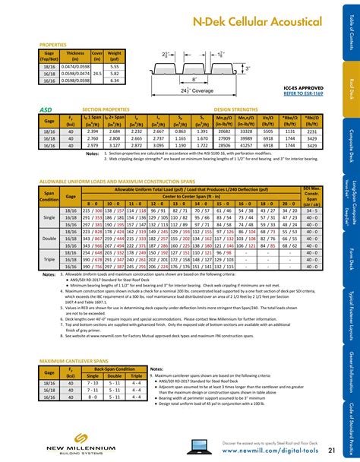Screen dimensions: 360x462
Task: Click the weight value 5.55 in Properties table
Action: pyautogui.click(x=116, y=67)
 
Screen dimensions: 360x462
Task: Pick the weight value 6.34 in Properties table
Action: pyautogui.click(x=116, y=80)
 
